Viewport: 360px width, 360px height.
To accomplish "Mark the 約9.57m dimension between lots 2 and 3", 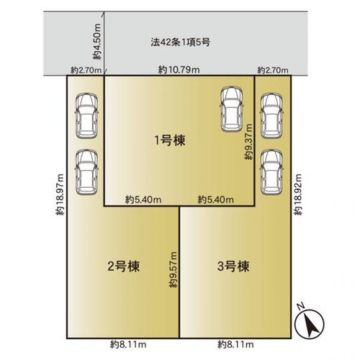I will click(174, 270).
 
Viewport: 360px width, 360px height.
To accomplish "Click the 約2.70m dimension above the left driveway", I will click(86, 71).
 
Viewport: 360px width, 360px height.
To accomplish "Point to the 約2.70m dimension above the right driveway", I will click(273, 71).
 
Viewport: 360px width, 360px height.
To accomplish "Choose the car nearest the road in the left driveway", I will click(86, 116).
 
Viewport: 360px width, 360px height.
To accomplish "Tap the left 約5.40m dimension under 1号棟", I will click(143, 199).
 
